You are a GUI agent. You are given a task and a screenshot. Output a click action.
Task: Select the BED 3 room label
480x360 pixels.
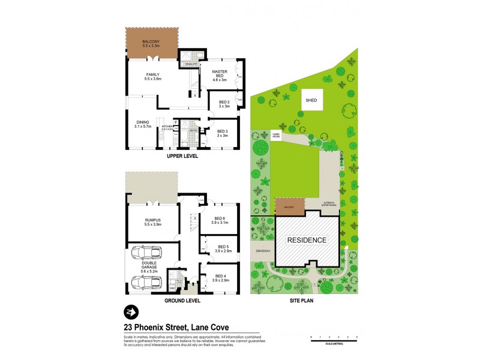pos(223,133)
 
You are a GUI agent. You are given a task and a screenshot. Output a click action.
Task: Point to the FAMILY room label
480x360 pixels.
pos(153,76)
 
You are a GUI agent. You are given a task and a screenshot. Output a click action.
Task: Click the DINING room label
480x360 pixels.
pos(141,125)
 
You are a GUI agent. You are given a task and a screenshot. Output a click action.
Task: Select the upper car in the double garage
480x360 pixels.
pos(149,253)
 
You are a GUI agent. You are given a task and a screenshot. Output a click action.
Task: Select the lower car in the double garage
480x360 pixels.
pos(149,281)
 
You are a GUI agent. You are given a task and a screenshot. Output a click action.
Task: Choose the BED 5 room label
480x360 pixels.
pos(223,248)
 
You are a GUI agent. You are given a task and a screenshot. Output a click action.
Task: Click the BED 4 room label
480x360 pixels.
pos(223,278)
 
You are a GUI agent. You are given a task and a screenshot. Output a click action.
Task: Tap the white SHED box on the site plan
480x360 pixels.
pos(311,101)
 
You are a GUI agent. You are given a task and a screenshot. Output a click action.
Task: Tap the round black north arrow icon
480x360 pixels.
pos(130,312)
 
